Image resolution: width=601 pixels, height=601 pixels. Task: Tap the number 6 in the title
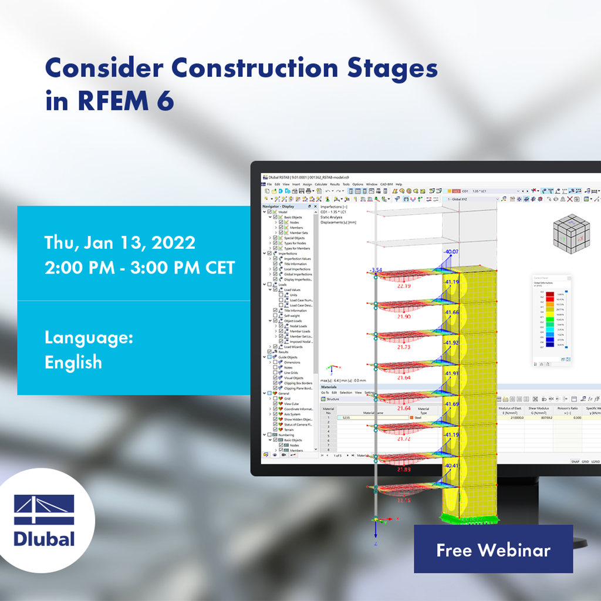(165, 101)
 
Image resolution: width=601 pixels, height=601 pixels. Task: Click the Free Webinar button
(493, 549)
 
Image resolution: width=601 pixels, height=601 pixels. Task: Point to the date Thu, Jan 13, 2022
(120, 242)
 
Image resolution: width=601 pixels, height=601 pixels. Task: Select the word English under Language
(73, 362)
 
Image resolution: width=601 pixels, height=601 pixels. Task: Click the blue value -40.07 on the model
(451, 252)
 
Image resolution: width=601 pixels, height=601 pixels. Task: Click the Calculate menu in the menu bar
(321, 184)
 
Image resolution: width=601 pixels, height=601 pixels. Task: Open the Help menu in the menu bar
(399, 184)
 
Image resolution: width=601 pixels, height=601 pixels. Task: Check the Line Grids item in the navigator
(292, 373)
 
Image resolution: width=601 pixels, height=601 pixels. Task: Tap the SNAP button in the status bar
(575, 461)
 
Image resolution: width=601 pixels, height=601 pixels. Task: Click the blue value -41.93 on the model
(453, 373)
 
